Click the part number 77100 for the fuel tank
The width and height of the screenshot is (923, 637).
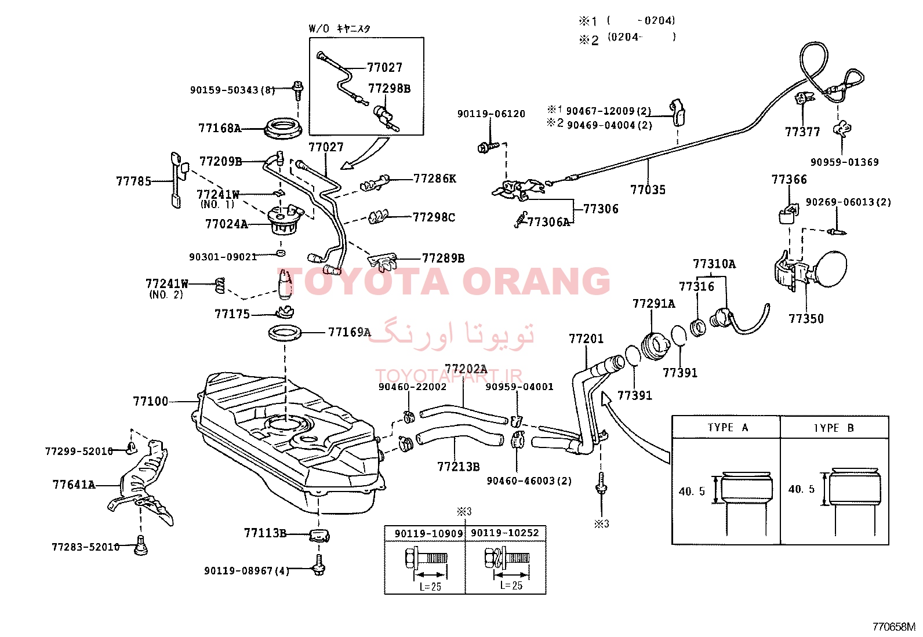pos(150,401)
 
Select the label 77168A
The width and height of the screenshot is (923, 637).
pos(220,128)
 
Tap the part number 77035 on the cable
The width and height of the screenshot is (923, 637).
pos(648,190)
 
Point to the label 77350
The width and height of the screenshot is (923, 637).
pos(806,319)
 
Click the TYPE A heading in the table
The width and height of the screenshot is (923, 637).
pos(728,427)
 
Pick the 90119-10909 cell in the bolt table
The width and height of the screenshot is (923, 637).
pos(428,534)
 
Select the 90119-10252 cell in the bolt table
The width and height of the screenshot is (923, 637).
pos(505,533)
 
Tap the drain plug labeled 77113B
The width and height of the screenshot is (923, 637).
pos(319,535)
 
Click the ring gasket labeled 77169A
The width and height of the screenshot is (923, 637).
pos(285,333)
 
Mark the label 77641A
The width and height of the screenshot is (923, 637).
pos(74,485)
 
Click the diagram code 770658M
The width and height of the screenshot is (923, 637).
pos(893,627)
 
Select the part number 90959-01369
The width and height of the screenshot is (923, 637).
pos(844,162)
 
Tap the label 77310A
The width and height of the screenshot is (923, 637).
pos(714,264)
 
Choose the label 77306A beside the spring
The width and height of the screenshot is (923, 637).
pos(548,222)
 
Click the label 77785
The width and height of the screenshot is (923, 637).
pos(133,181)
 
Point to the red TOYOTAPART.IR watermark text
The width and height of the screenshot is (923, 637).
pos(449,376)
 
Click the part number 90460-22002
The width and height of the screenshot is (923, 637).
pos(412,387)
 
